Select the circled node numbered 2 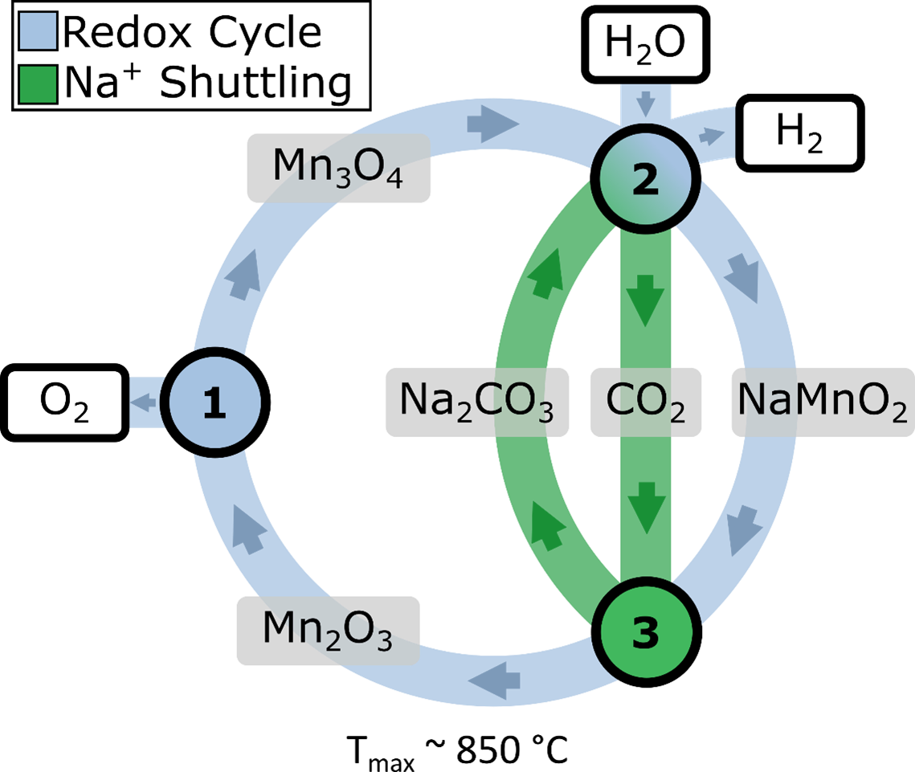(x=645, y=180)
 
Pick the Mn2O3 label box (x=328, y=631)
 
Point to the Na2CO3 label (x=477, y=402)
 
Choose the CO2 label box (x=646, y=402)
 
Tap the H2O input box (x=645, y=43)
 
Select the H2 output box (x=799, y=133)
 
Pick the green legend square (x=38, y=84)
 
